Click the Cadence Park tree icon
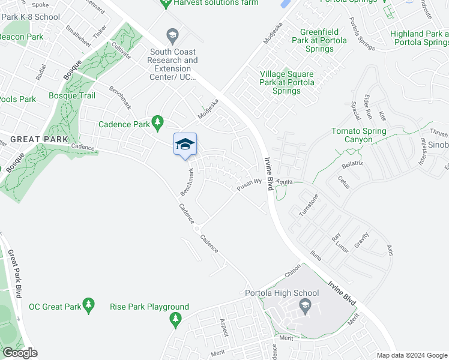[157, 123]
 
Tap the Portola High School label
[282, 293]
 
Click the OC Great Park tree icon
[89, 306]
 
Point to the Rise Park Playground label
[149, 307]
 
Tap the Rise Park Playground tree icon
[176, 322]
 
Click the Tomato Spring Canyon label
[359, 135]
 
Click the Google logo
[20, 353]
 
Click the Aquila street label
[284, 181]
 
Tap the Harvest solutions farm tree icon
[166, 4]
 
